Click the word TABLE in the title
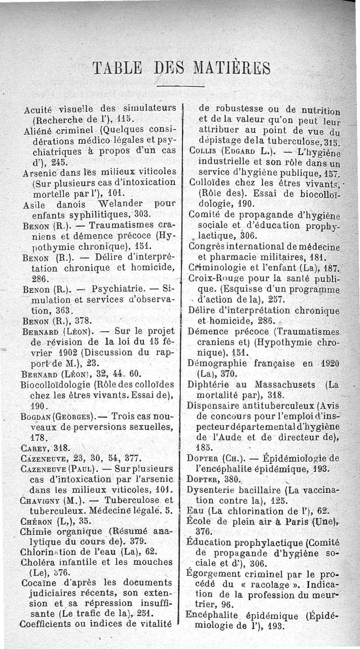coord(117,68)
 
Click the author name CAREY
coord(36,448)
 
